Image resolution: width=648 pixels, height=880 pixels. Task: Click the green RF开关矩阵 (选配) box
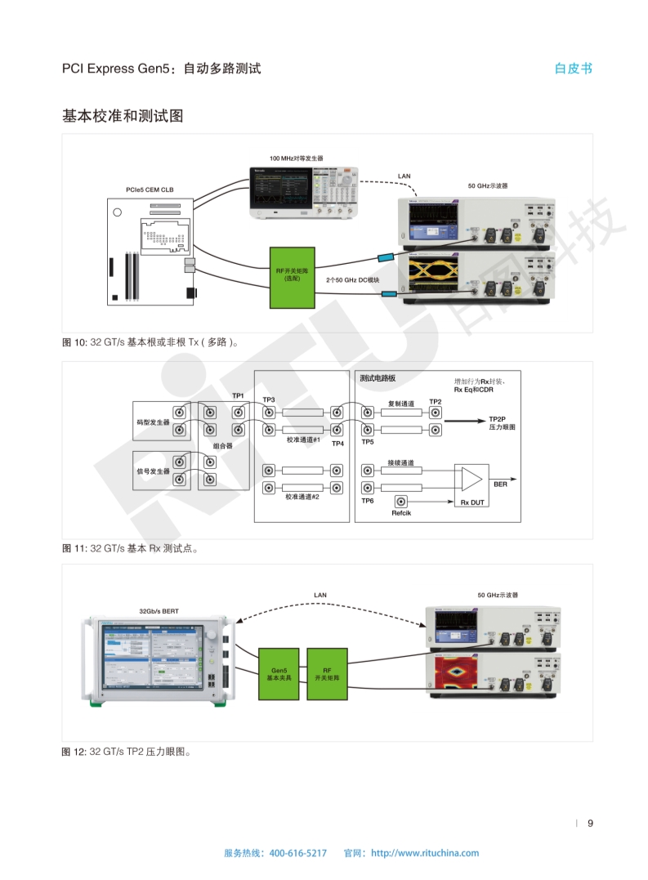click(292, 276)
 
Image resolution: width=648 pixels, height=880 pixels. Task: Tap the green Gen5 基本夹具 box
click(279, 673)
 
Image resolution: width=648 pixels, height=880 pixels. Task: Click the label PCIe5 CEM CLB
click(150, 190)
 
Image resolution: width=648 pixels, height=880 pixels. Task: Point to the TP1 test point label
click(238, 396)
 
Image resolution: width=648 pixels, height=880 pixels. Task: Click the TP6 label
click(368, 500)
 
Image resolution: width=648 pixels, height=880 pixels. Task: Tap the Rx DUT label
click(472, 503)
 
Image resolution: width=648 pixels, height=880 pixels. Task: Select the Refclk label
click(401, 513)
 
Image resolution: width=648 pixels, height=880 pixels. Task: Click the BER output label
click(500, 485)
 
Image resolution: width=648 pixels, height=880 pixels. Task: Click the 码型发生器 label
click(153, 422)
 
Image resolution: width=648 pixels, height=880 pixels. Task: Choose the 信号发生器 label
click(153, 471)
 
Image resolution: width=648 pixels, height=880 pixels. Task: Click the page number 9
click(590, 823)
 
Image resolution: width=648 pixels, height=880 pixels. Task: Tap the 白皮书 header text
click(573, 69)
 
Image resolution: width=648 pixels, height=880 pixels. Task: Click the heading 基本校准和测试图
click(123, 116)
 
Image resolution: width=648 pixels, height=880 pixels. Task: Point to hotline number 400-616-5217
click(297, 853)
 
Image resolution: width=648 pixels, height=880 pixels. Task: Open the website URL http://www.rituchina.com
click(425, 853)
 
